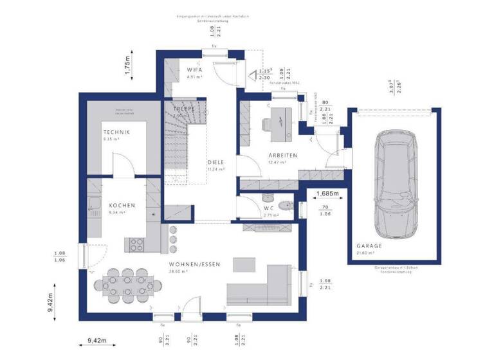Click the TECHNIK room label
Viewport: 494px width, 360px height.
click(x=116, y=132)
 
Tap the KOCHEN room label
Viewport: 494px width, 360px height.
click(x=122, y=205)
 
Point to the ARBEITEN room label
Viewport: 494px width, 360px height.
click(x=283, y=156)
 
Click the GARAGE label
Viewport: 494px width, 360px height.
click(x=370, y=246)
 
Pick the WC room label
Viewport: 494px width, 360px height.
click(x=270, y=208)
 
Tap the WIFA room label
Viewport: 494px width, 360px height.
click(x=196, y=69)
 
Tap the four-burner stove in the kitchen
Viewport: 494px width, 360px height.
click(x=138, y=244)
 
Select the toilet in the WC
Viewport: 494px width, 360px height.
click(x=288, y=206)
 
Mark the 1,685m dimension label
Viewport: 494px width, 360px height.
click(x=327, y=192)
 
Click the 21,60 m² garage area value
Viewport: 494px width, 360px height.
click(x=366, y=253)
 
